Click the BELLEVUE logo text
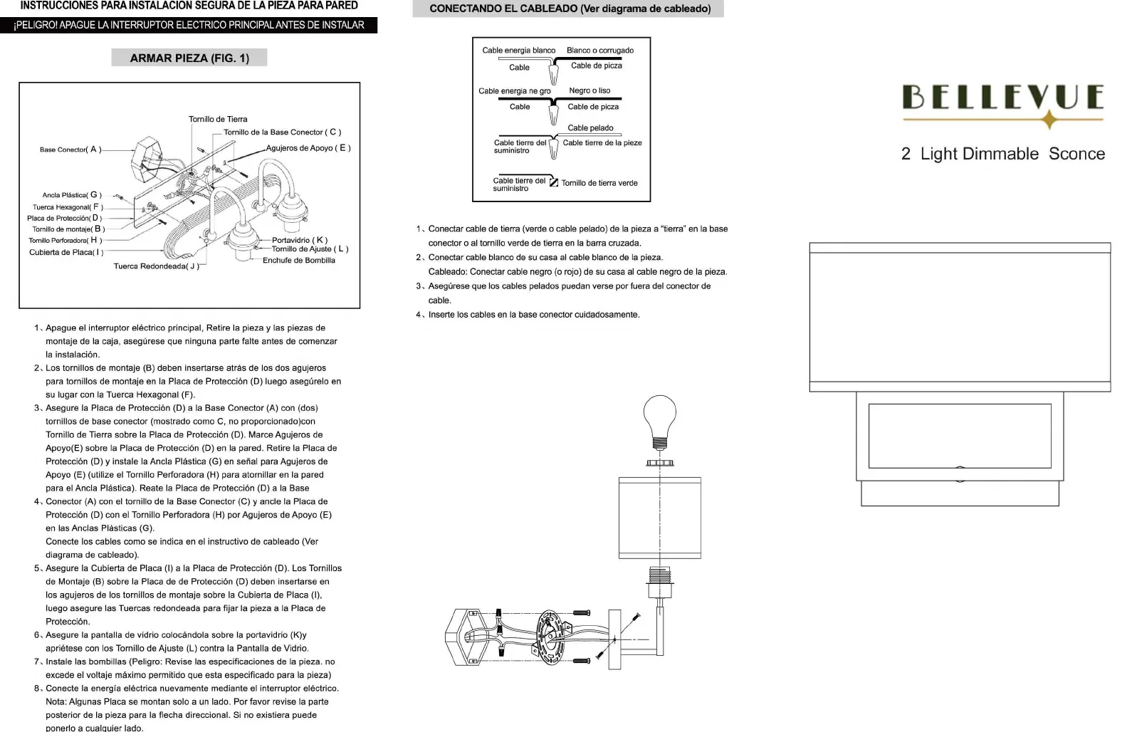[x=1002, y=97]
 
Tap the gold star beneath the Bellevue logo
[x=1049, y=120]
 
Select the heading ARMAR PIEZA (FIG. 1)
[x=189, y=58]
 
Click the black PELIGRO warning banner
[x=189, y=26]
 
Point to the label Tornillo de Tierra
[x=218, y=119]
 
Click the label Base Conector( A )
[x=70, y=150]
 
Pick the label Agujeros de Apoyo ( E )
[x=308, y=148]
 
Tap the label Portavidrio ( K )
[x=300, y=240]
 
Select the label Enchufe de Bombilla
[x=298, y=260]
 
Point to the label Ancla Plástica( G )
[x=72, y=194]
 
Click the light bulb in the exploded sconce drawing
[x=660, y=420]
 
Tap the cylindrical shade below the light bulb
[x=660, y=518]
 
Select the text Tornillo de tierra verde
[x=599, y=183]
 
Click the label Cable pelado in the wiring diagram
[x=590, y=128]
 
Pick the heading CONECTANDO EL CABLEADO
[x=570, y=9]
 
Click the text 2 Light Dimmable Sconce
[x=1002, y=154]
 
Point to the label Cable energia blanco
[x=518, y=51]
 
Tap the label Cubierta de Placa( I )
[x=66, y=252]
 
